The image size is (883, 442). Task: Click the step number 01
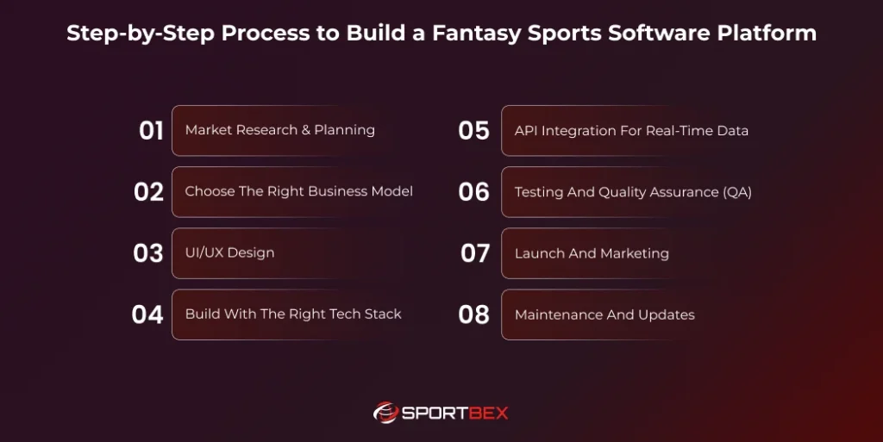[151, 131]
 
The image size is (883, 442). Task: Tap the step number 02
[148, 192]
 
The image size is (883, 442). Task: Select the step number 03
[148, 253]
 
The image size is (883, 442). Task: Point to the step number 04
[147, 314]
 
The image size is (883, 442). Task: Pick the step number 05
[473, 131]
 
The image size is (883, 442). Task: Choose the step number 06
[473, 192]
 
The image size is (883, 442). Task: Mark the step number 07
[475, 253]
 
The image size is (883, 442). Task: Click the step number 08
[473, 314]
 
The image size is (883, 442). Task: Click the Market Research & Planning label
[279, 130]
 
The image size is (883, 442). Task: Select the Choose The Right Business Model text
[298, 191]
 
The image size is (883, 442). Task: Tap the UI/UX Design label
[229, 253]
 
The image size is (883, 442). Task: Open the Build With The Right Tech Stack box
[293, 314]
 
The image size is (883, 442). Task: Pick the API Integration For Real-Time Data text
[631, 131]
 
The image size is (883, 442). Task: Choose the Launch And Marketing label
[592, 253]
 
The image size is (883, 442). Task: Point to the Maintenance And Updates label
[604, 314]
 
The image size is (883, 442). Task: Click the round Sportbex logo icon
[385, 413]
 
